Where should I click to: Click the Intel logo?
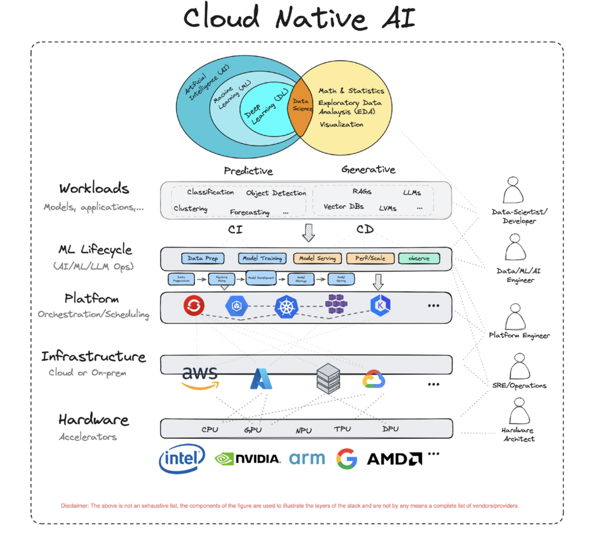(x=182, y=458)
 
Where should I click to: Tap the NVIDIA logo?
(x=248, y=459)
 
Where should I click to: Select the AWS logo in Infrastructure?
(x=200, y=377)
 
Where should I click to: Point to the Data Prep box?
(x=202, y=259)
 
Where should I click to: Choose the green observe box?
(x=419, y=259)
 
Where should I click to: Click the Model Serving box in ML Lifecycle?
(x=317, y=259)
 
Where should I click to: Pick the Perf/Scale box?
(x=370, y=259)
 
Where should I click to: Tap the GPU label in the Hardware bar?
(x=253, y=430)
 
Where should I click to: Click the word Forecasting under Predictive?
(x=250, y=212)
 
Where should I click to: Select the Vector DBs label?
(x=343, y=206)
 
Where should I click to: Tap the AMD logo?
(x=394, y=459)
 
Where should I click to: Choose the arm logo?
(x=307, y=458)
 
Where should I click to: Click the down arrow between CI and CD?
(x=309, y=232)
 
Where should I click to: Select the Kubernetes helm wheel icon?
(x=286, y=307)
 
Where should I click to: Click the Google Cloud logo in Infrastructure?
(x=374, y=379)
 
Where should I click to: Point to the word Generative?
(x=368, y=169)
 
